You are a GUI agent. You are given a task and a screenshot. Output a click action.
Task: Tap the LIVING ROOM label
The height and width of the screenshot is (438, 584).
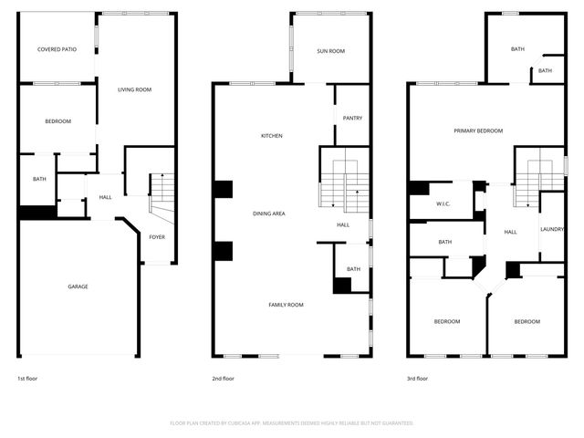(134, 89)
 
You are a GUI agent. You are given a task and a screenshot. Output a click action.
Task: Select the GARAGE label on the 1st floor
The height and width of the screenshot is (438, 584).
(78, 287)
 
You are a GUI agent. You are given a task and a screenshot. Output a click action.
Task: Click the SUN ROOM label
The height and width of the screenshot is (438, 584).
(330, 51)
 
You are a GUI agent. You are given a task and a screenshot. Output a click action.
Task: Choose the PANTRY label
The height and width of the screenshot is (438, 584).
(352, 118)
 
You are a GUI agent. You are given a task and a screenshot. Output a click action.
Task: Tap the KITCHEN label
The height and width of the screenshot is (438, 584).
(272, 136)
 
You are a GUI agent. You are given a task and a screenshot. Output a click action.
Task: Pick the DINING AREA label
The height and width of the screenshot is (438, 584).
(269, 214)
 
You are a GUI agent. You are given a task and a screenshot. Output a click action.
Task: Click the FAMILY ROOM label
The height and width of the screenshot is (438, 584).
(286, 304)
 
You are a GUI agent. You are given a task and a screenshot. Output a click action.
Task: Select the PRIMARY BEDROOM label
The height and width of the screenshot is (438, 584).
(478, 130)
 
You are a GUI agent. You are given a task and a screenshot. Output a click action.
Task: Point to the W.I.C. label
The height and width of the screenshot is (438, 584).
(444, 203)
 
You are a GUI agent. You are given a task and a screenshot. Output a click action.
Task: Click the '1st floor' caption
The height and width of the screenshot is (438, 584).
(28, 378)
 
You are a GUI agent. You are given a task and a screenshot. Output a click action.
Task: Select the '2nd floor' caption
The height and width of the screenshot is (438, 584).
(223, 378)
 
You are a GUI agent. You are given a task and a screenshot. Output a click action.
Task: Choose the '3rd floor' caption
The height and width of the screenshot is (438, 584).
(418, 378)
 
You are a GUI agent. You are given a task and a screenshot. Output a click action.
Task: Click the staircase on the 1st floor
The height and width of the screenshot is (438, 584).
(162, 190)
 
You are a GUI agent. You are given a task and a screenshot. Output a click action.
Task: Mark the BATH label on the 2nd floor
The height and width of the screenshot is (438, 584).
(353, 269)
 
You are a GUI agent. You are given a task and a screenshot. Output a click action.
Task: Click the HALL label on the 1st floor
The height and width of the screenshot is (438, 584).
(105, 197)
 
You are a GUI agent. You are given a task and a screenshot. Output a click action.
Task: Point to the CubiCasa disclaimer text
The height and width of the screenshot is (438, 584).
(292, 423)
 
